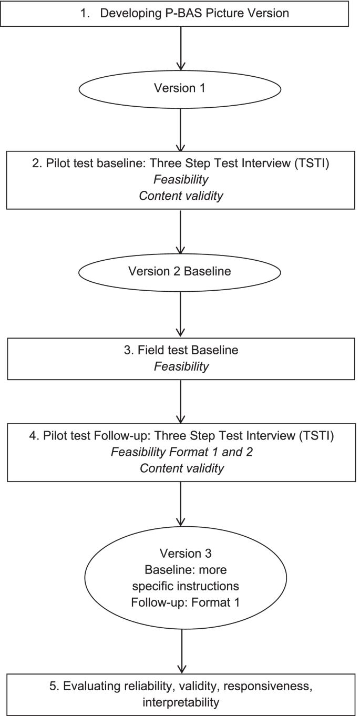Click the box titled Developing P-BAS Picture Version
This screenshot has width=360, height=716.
[x=180, y=13]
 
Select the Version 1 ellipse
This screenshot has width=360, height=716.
[x=180, y=88]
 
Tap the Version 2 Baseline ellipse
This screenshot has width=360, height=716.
[x=180, y=271]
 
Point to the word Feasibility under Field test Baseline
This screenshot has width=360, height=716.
[x=180, y=366]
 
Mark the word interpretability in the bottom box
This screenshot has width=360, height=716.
[x=180, y=699]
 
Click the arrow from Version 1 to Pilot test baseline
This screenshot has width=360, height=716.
[x=180, y=129]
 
